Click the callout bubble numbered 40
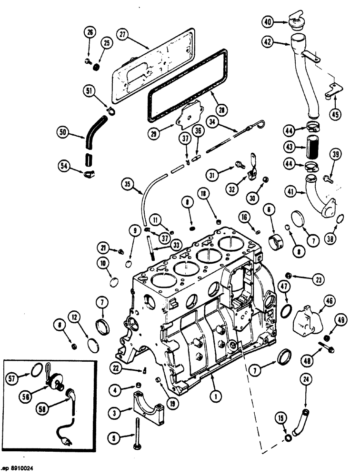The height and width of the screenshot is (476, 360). [268, 21]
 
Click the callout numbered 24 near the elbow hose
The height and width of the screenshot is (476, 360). [305, 379]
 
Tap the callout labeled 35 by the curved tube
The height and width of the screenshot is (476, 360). [127, 183]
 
